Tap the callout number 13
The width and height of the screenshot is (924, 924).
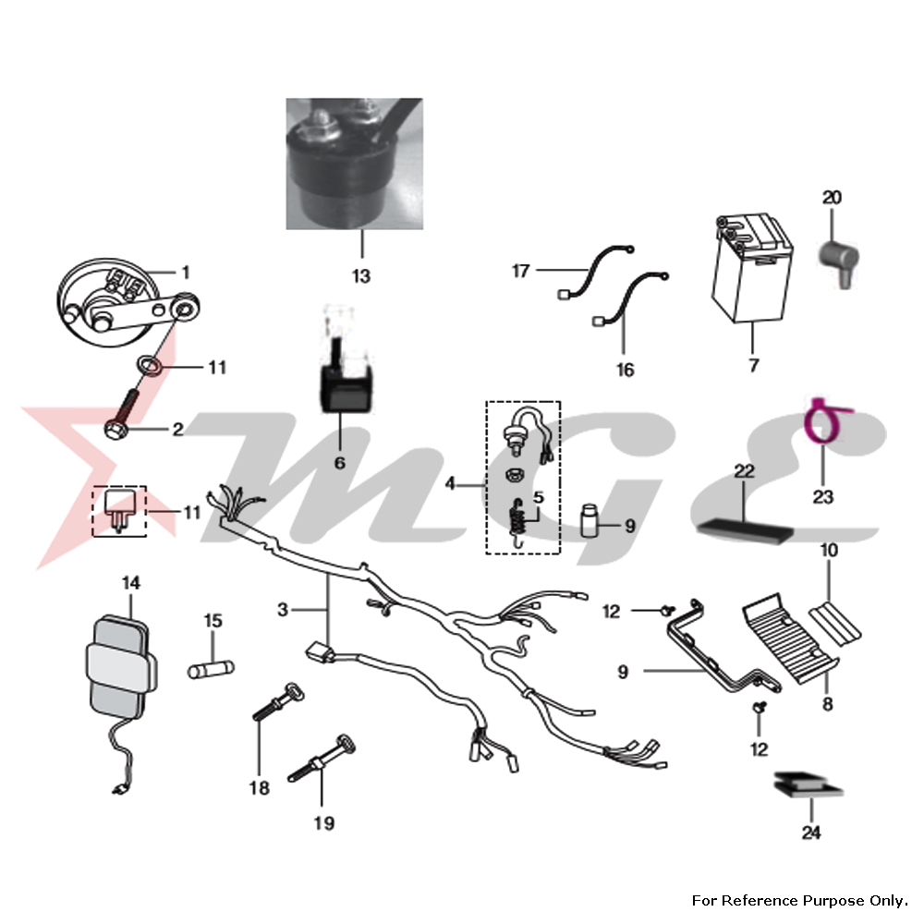[x=360, y=275]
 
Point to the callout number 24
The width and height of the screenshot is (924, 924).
[x=810, y=832]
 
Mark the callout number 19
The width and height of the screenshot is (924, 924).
[x=323, y=821]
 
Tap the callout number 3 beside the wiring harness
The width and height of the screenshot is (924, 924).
[x=284, y=609]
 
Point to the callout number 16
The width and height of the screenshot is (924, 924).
[x=626, y=370]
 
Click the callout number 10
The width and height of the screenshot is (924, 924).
[x=829, y=551]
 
